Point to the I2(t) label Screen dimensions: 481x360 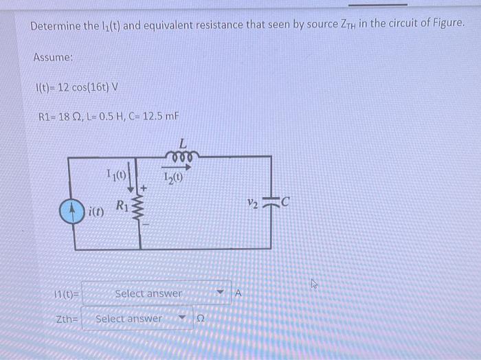(x=175, y=178)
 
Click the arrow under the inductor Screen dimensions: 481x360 (x=177, y=166)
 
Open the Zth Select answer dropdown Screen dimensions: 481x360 (x=137, y=319)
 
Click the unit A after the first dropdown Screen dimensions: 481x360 (x=238, y=293)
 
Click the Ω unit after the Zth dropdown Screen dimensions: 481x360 (x=201, y=319)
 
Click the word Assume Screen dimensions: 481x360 (x=53, y=58)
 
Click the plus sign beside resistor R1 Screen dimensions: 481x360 (x=144, y=187)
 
